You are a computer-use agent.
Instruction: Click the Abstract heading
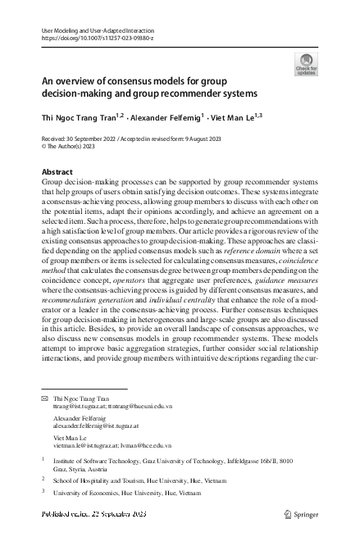[x=57, y=172]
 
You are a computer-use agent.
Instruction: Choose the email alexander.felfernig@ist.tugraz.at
[x=98, y=424]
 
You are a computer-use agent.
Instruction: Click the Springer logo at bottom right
[x=305, y=514]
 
